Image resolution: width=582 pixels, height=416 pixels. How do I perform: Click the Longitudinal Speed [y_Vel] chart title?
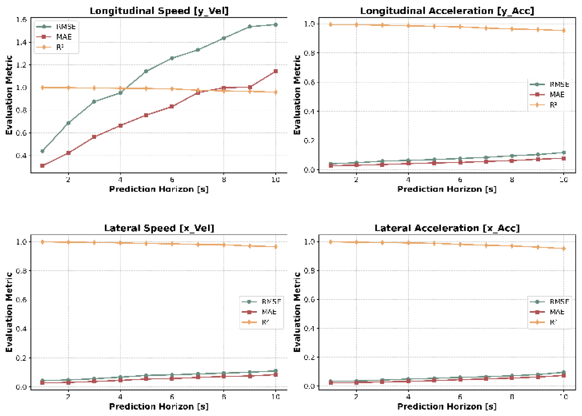[159, 11]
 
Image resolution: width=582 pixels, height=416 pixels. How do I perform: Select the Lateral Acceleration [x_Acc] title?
[447, 228]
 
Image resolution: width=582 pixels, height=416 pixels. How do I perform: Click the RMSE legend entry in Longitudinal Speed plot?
[65, 27]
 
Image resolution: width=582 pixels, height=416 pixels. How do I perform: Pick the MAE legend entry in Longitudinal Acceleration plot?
[556, 95]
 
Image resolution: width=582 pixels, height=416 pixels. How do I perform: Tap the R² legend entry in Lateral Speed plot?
[265, 322]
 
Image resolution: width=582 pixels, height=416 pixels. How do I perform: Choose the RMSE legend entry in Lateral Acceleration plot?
[559, 302]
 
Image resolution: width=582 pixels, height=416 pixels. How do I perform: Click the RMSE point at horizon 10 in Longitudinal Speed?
[275, 25]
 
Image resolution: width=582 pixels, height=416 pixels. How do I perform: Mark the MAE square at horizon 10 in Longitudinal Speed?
[275, 71]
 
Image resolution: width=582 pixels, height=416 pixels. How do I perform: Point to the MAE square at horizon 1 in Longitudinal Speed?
[43, 166]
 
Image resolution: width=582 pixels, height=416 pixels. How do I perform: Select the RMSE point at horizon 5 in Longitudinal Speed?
[146, 71]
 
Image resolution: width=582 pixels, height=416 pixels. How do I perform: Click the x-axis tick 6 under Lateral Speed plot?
[172, 397]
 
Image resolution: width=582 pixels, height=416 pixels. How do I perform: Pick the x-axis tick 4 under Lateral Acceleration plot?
[408, 397]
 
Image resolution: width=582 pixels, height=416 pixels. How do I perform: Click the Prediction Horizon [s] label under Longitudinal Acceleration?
[447, 189]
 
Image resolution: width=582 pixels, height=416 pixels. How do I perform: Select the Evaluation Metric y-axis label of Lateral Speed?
[9, 312]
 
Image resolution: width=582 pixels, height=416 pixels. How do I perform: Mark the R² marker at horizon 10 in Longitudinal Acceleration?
[564, 31]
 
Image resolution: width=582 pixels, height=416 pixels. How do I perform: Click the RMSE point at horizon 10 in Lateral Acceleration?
[564, 372]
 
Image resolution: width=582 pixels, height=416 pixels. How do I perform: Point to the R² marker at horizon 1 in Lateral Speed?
[43, 242]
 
